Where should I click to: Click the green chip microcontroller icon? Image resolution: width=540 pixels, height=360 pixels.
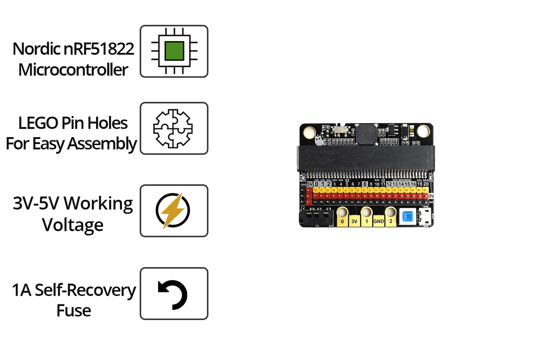(x=174, y=51)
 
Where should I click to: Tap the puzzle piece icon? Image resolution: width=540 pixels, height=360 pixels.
(x=174, y=128)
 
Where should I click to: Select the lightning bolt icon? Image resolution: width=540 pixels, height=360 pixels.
(x=174, y=210)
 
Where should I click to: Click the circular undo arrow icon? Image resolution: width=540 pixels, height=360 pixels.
(x=174, y=294)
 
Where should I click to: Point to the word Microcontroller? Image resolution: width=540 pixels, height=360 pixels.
(x=73, y=70)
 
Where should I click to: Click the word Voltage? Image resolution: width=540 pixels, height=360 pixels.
(x=73, y=225)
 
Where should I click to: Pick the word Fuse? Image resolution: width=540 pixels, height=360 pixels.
(x=74, y=310)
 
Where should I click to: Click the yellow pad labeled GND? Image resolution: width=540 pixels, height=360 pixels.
(x=378, y=221)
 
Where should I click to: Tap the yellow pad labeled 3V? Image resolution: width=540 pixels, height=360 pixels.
(x=354, y=221)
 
